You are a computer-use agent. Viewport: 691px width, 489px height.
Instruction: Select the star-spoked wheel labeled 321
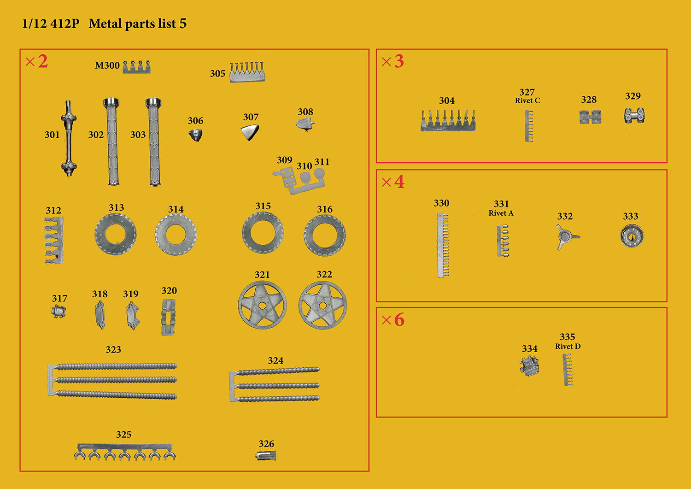coord(262,305)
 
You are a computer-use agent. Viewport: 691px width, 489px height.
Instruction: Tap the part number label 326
coord(266,444)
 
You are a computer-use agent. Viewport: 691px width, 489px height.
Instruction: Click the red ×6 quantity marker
coord(392,319)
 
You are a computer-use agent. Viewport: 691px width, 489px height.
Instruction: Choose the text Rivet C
coord(527,100)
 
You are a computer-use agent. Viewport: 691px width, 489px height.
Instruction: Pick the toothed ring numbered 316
coord(324,235)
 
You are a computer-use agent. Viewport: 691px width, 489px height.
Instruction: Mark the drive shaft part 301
coord(69,138)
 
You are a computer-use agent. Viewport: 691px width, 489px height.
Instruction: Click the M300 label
coord(107,65)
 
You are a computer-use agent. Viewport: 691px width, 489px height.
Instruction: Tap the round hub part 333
coord(632,236)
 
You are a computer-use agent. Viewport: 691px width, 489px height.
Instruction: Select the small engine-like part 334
coord(529,366)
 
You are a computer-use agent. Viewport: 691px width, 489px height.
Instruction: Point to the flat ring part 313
coord(115,234)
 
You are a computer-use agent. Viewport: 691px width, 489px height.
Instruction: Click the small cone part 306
coord(196,135)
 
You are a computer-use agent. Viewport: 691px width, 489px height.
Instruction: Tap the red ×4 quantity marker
coord(392,182)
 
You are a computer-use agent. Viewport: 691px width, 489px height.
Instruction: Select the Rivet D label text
coord(568,347)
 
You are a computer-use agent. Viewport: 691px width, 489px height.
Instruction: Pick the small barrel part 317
coord(59,311)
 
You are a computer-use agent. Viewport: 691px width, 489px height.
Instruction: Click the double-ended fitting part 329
coord(634,116)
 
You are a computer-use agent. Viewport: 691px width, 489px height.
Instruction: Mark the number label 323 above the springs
coord(113,349)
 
